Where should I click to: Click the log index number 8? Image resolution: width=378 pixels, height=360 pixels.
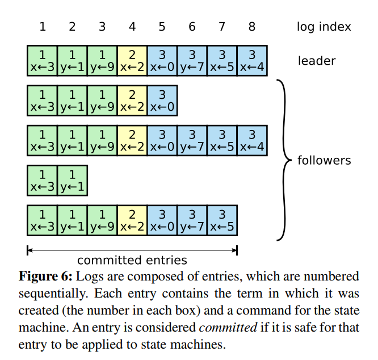point(252,27)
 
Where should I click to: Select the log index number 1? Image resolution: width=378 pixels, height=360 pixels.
point(42,27)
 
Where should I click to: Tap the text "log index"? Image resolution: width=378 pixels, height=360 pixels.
point(324,27)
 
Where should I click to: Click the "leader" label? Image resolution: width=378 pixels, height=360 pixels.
point(317,61)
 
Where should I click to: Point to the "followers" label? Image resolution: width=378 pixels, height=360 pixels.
point(324,160)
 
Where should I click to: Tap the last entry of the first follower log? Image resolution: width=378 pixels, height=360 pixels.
point(162,101)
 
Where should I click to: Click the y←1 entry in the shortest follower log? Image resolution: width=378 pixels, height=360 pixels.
point(72,181)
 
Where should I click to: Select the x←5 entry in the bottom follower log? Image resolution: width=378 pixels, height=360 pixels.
point(222,220)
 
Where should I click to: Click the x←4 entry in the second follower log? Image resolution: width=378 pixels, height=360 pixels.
point(252,141)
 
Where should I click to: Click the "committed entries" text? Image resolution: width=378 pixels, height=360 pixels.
point(132,261)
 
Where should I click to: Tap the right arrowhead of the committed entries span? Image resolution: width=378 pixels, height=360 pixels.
point(235,249)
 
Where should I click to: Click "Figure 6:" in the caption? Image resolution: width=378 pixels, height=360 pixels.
point(46,277)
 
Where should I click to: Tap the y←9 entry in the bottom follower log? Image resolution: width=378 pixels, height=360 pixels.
point(102,220)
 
